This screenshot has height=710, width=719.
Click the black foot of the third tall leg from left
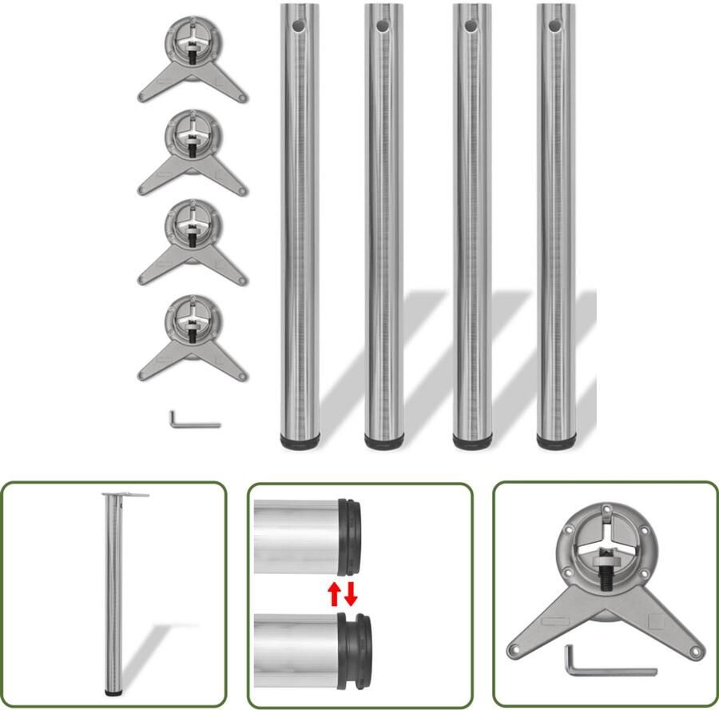pos(472,440)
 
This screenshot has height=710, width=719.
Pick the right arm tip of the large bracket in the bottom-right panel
pos(696,652)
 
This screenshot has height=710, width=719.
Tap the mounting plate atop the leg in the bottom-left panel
pos(125,495)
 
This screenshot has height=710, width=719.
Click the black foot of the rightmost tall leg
pos(556,440)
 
